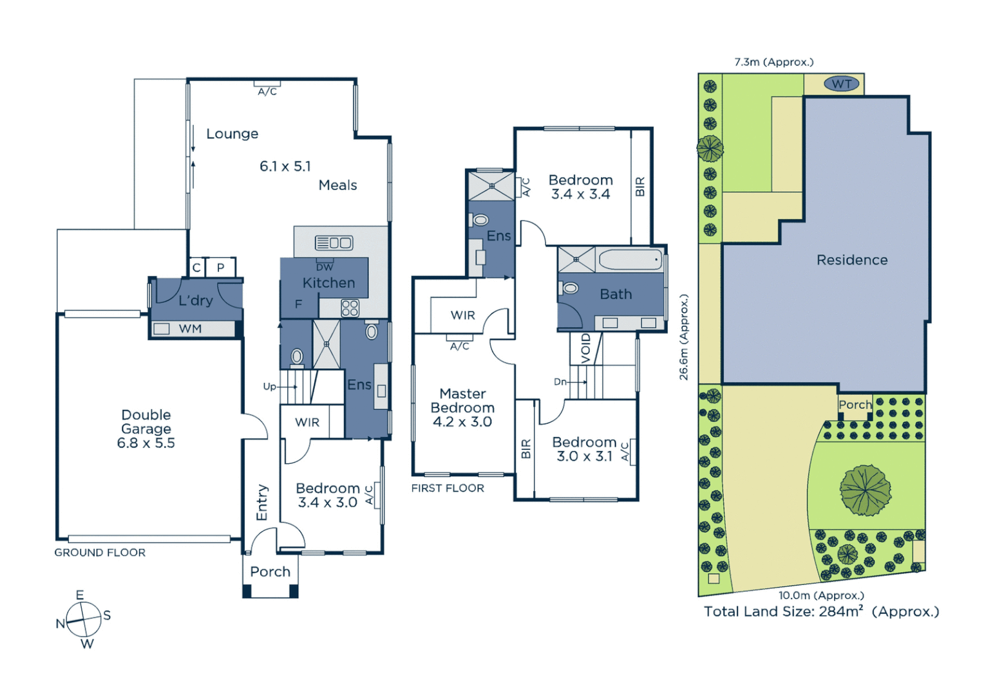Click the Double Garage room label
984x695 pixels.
pyautogui.click(x=146, y=429)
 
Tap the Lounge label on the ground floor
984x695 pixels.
pyautogui.click(x=232, y=134)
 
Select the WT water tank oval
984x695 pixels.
pyautogui.click(x=841, y=84)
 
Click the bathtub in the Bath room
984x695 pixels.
pyautogui.click(x=630, y=260)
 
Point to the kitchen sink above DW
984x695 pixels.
pyautogui.click(x=334, y=243)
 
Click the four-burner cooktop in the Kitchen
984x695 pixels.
pyautogui.click(x=350, y=308)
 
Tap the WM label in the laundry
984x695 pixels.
pyautogui.click(x=190, y=329)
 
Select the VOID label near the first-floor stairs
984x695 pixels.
pyautogui.click(x=585, y=348)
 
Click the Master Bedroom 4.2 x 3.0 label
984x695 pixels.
pyautogui.click(x=462, y=407)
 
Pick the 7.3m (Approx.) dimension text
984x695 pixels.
pyautogui.click(x=773, y=62)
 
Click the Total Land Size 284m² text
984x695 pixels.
pyautogui.click(x=821, y=611)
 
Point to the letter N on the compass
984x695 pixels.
pyautogui.click(x=60, y=623)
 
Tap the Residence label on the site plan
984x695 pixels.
pyautogui.click(x=851, y=260)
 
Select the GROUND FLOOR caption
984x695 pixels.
pyautogui.click(x=100, y=553)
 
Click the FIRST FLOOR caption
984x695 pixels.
pyautogui.click(x=448, y=488)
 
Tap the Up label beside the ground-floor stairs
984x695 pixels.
pyautogui.click(x=269, y=386)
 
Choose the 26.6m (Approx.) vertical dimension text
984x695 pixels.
pyautogui.click(x=684, y=337)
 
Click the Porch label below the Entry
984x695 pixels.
pyautogui.click(x=270, y=571)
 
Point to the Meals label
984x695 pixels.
pyautogui.click(x=337, y=185)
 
